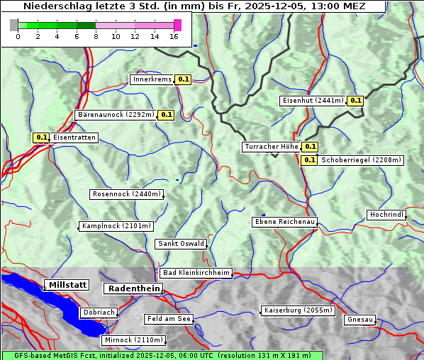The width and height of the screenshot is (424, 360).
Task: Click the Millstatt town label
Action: tap(67, 285)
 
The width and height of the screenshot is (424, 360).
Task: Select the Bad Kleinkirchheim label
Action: tap(196, 273)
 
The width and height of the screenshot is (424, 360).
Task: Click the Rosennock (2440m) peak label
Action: tap(126, 194)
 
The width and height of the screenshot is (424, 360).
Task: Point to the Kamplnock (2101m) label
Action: tap(116, 226)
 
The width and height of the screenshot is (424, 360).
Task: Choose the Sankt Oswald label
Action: tap(181, 244)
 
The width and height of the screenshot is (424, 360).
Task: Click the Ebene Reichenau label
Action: tap(284, 222)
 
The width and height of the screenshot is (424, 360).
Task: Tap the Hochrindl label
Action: tap(386, 215)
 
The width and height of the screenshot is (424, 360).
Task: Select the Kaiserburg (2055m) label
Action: tap(298, 310)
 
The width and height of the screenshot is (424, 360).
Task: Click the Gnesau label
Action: tap(360, 320)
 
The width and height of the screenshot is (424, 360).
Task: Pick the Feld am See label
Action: tap(169, 319)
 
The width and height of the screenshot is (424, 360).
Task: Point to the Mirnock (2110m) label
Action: tap(133, 340)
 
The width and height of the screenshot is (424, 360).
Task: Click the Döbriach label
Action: tap(99, 312)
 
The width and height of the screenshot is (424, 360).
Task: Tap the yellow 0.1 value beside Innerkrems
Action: tap(184, 79)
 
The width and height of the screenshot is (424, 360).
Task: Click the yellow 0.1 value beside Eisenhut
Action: tap(355, 101)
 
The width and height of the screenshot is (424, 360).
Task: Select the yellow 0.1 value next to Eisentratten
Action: tap(41, 137)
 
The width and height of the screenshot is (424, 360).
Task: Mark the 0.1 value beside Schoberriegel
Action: tap(309, 160)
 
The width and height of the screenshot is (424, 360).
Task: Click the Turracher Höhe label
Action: tap(271, 147)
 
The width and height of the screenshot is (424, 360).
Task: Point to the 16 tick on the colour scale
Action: tap(174, 36)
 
